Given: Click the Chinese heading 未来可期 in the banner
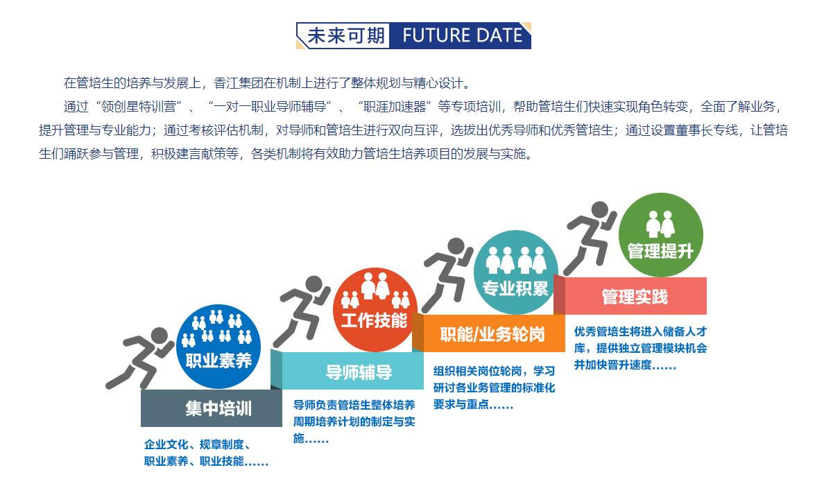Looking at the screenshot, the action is (346, 36).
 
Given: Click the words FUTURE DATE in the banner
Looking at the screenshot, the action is (463, 36).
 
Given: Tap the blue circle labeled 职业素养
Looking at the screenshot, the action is (218, 347).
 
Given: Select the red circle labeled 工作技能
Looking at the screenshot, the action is (375, 310).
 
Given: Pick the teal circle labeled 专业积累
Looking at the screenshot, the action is (515, 272).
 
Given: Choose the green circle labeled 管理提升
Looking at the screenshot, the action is (660, 235).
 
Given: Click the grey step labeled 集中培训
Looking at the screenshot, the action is (212, 408).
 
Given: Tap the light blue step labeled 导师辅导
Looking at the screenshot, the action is (352, 372).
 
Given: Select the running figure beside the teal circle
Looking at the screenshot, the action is (448, 274).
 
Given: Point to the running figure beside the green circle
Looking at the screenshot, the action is (591, 238).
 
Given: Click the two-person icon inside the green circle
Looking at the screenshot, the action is (660, 225).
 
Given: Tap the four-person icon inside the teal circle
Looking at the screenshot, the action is (515, 261).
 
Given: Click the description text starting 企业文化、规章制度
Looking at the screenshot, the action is (206, 453).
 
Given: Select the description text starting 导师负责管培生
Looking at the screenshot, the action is (354, 421).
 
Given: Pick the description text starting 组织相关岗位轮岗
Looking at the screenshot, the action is (494, 387).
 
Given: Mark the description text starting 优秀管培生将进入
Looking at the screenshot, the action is (640, 348).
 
